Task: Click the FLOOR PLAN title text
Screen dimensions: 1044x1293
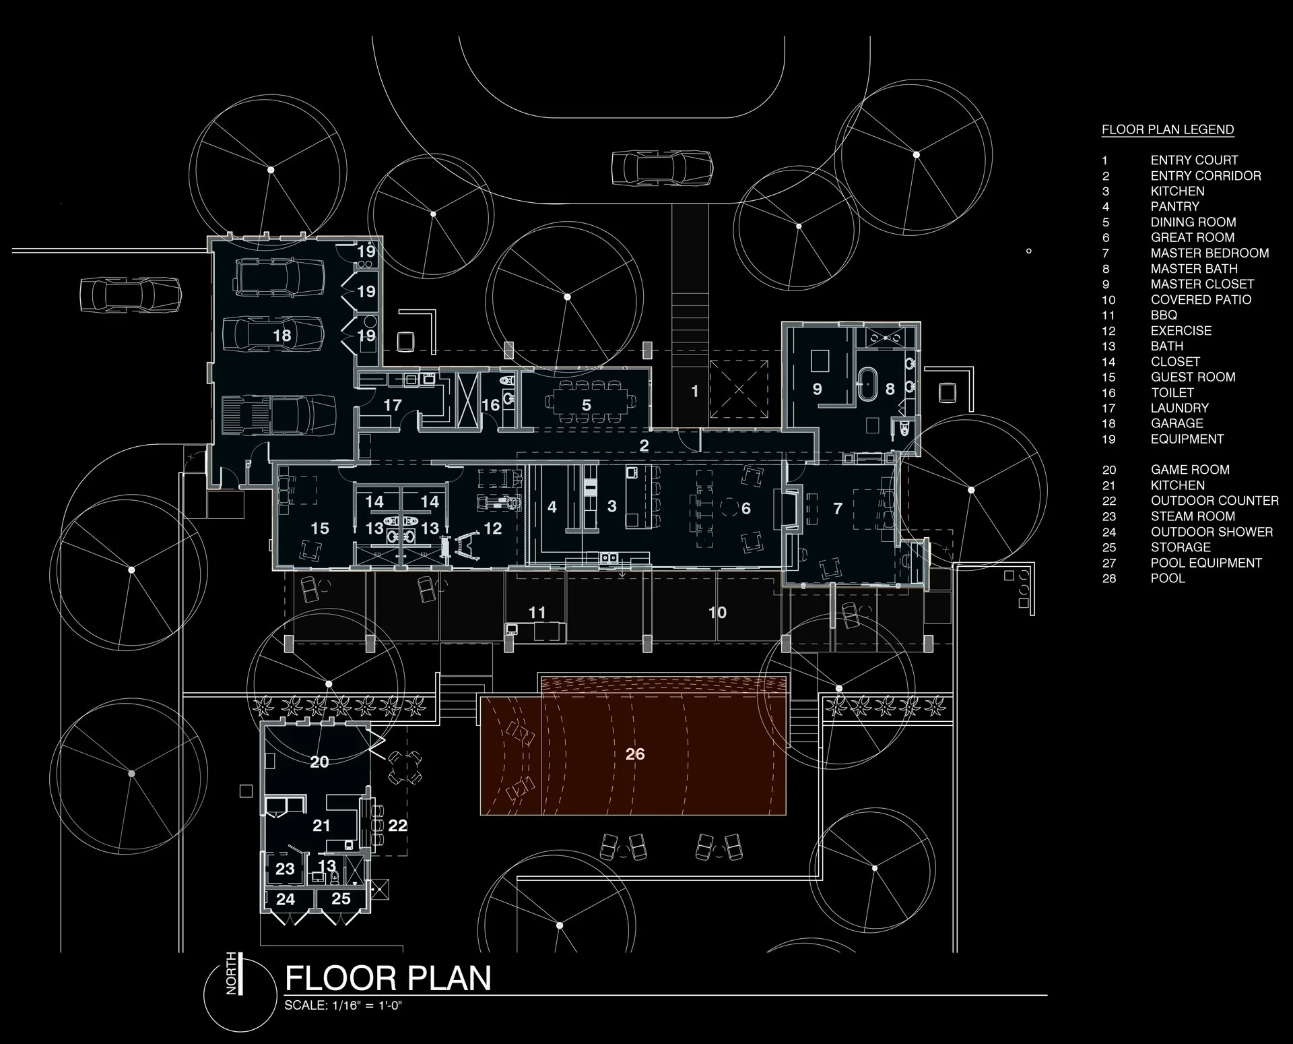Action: tap(388, 978)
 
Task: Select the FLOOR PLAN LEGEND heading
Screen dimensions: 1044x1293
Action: tap(1167, 129)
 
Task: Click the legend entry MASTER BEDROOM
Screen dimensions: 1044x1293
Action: tap(1209, 253)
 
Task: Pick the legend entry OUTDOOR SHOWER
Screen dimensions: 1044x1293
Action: tap(1211, 532)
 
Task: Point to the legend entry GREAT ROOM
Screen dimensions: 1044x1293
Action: tap(1192, 237)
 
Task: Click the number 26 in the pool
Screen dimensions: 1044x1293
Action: tap(634, 754)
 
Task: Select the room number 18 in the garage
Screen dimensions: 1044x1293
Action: tap(281, 335)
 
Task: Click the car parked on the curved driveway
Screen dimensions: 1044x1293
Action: tap(661, 167)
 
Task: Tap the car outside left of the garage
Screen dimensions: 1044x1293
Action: tap(131, 295)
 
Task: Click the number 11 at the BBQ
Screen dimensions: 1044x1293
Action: tap(537, 613)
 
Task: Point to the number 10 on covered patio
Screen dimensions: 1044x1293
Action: tap(717, 612)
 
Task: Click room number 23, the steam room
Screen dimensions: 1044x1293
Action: tap(285, 869)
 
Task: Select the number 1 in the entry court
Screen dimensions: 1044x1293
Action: tap(695, 391)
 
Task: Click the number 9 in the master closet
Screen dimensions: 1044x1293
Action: tap(817, 389)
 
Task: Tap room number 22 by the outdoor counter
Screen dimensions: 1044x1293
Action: tap(397, 826)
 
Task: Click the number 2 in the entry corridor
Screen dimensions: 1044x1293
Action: tap(644, 446)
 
